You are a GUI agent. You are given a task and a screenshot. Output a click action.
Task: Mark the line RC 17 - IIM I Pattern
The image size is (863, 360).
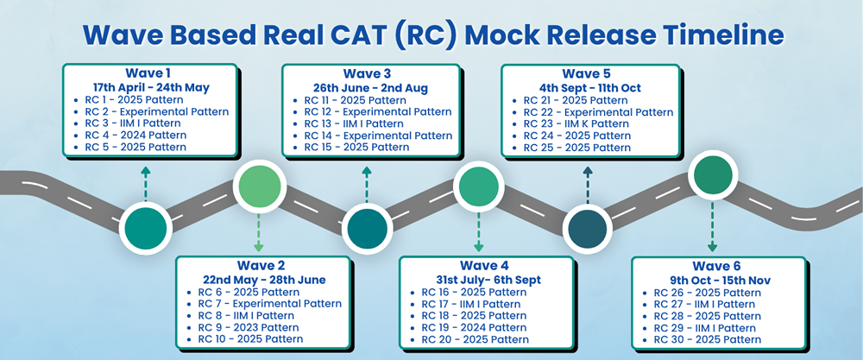(x=474, y=304)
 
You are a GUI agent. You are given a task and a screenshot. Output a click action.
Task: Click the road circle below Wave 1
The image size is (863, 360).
(x=145, y=228)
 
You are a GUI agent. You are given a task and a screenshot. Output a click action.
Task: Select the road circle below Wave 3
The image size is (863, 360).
(x=367, y=228)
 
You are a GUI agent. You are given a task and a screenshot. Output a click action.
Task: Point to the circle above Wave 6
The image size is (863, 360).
(x=712, y=177)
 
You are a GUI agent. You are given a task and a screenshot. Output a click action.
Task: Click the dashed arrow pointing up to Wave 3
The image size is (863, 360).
(x=367, y=185)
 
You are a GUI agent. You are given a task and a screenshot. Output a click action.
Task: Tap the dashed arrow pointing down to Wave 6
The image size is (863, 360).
(x=712, y=226)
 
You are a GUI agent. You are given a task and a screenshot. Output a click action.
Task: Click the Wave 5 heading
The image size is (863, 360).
(x=587, y=73)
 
